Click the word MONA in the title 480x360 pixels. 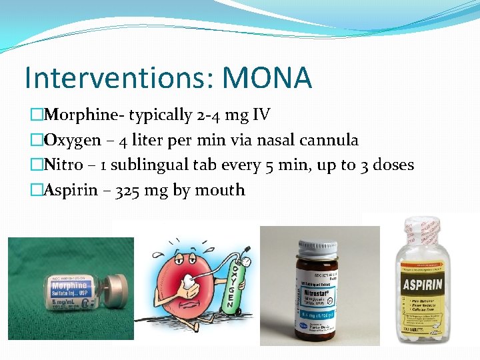point(267,78)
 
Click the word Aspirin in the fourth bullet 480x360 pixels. point(69,191)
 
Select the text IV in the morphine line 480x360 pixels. point(261,115)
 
